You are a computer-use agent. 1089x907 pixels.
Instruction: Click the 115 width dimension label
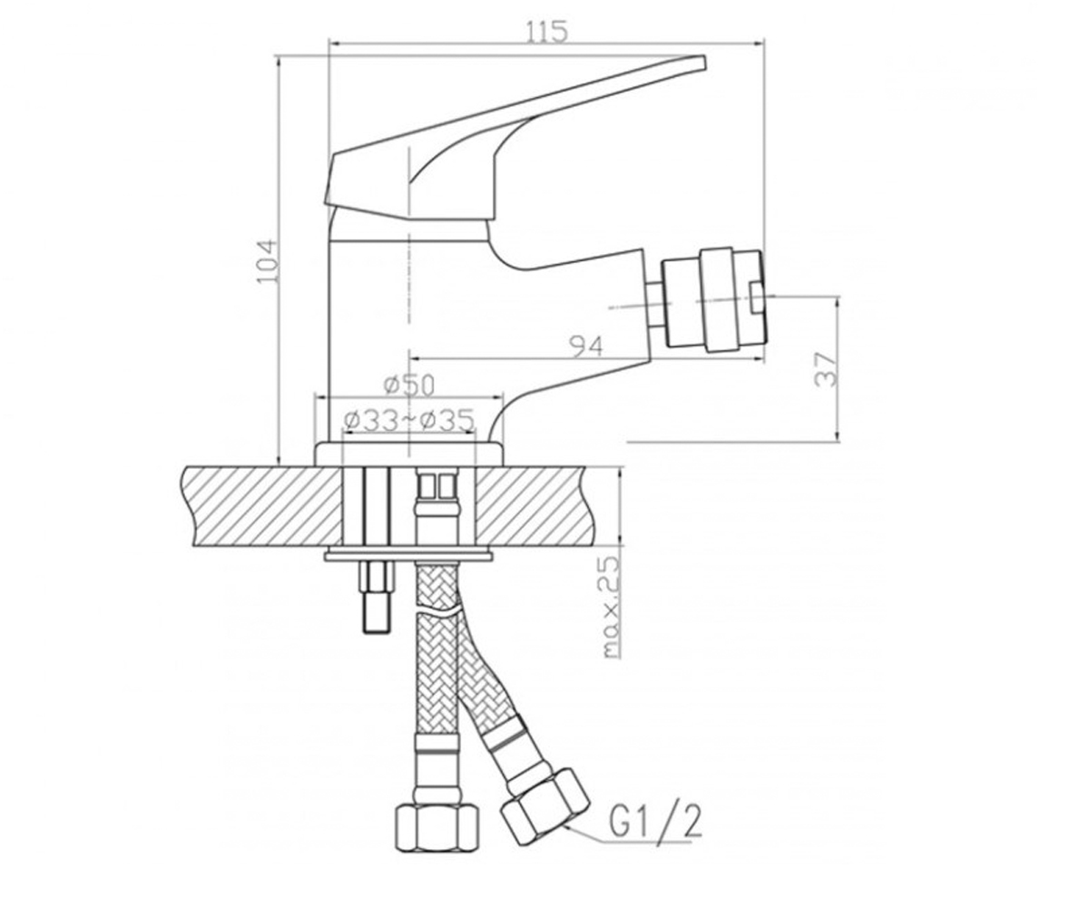click(545, 32)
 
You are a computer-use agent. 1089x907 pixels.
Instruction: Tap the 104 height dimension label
click(267, 262)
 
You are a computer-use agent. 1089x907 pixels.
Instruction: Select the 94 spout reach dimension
click(587, 346)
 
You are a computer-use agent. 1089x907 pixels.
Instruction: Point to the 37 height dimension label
click(825, 368)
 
